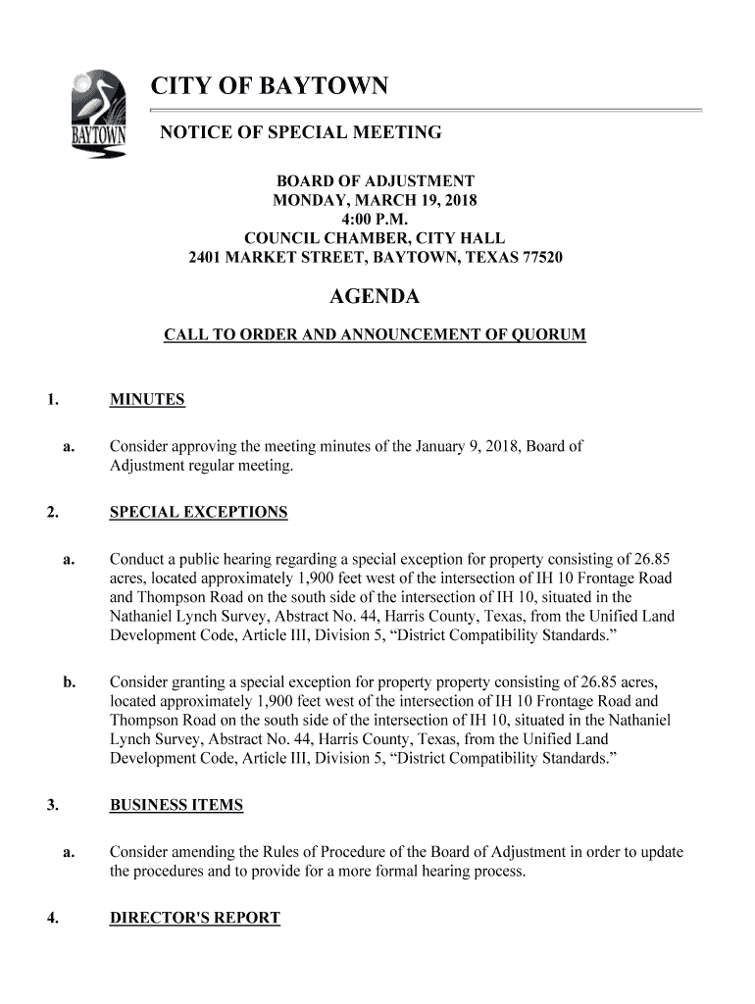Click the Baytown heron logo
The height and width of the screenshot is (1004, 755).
click(96, 115)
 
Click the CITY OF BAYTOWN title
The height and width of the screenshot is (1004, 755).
click(270, 88)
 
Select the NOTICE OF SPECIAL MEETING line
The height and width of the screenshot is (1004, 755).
click(301, 132)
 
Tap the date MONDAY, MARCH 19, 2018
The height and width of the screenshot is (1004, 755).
click(375, 201)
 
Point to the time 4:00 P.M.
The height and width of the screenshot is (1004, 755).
click(375, 220)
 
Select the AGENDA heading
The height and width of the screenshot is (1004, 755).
click(375, 297)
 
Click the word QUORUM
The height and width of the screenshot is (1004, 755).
click(550, 335)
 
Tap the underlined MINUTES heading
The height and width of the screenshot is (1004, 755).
click(147, 400)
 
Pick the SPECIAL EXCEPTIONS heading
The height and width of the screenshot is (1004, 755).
click(199, 513)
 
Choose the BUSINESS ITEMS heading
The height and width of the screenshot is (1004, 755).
click(176, 806)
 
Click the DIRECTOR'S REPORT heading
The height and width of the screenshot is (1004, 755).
click(195, 919)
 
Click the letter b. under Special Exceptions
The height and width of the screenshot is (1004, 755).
click(69, 681)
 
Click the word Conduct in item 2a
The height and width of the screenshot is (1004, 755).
click(137, 560)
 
